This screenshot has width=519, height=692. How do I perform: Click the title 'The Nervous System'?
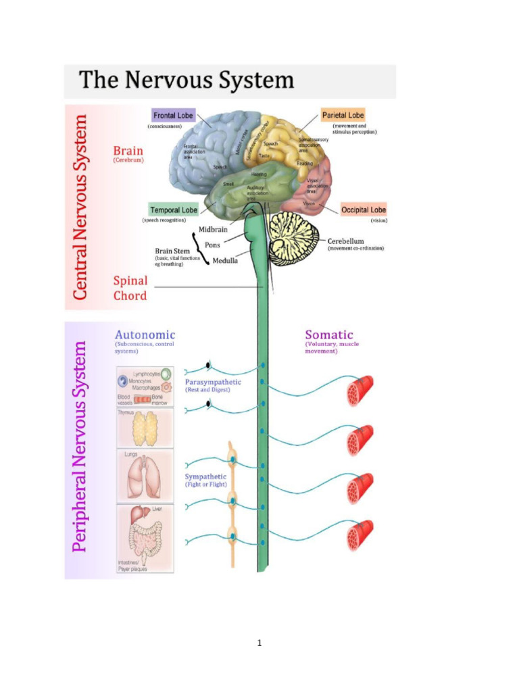pos(187,81)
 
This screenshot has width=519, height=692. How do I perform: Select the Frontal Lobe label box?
pos(173,116)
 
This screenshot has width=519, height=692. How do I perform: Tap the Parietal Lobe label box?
pos(343,116)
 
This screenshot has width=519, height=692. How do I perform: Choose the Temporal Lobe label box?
pos(174,210)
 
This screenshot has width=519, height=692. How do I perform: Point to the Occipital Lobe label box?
pos(364,210)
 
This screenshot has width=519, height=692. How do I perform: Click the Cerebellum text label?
pos(346,241)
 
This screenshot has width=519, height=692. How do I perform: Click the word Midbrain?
pos(213,229)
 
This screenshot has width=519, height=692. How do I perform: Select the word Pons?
pos(212,245)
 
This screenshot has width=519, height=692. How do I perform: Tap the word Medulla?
pos(225,261)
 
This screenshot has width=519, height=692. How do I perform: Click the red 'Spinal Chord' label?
pos(130,288)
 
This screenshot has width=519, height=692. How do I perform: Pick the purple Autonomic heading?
pos(145,335)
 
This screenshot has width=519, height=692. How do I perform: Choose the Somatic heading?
pos(329,335)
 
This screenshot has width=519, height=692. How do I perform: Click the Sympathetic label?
pos(206,476)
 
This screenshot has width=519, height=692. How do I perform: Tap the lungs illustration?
pos(145,477)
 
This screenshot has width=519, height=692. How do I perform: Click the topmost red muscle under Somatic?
pos(360,391)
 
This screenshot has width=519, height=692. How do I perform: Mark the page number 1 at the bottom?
pos(259,643)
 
